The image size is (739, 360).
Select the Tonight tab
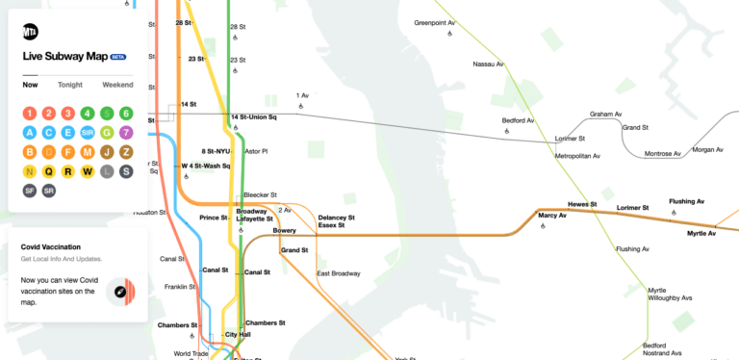coord(69,85)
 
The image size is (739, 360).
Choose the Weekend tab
coord(117,85)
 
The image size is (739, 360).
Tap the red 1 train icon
coord(30,114)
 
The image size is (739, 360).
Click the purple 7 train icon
coord(126,132)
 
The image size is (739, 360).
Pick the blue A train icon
coord(30,132)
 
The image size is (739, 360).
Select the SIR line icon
coord(88,132)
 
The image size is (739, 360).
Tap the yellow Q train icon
coord(49,171)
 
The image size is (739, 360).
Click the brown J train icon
coord(107,152)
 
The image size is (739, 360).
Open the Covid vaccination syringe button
coord(122,291)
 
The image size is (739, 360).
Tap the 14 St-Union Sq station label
coord(254,117)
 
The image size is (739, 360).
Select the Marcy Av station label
coord(552,215)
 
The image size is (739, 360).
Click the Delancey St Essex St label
coord(337,222)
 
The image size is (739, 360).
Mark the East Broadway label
coord(338,273)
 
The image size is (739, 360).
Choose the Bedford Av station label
coord(519,121)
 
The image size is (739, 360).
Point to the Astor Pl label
coord(256,151)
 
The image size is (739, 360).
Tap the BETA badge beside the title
coord(118,56)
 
